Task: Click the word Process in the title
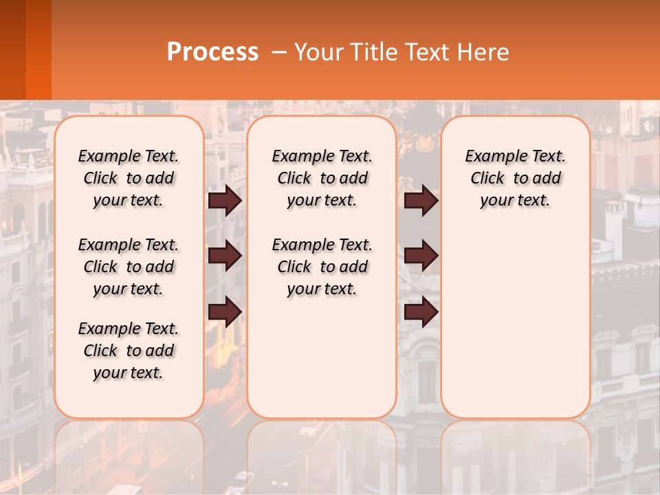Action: pos(212,52)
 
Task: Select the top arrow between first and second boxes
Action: pos(225,201)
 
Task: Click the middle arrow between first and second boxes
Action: pos(225,256)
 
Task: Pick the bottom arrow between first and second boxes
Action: pos(225,312)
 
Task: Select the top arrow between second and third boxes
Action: pos(421,201)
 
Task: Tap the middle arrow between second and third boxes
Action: pos(421,256)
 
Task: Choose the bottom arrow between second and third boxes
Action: pos(421,312)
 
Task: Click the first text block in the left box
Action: pos(129,178)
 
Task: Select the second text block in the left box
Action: pos(129,267)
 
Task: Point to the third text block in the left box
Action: pos(129,351)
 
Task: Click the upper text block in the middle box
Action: pos(322,178)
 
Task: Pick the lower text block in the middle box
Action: pos(322,267)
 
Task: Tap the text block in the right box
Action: pos(516,178)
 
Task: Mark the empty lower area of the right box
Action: pos(516,330)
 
